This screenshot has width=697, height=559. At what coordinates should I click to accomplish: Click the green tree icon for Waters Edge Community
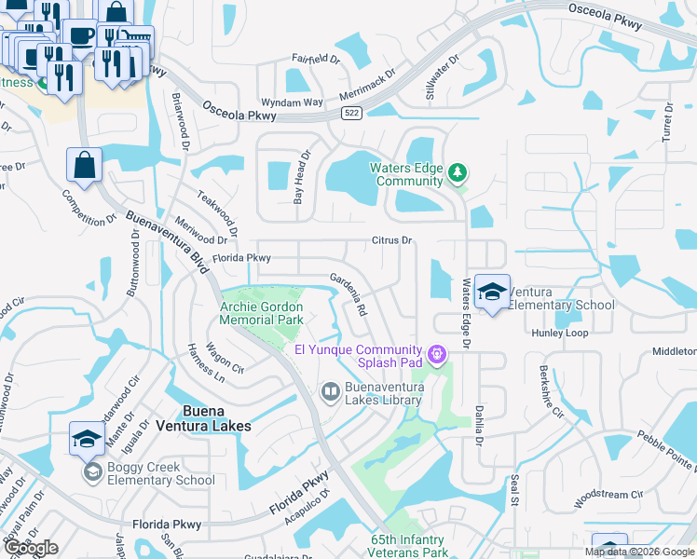458,172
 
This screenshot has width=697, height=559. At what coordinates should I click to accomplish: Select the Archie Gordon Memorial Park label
262,313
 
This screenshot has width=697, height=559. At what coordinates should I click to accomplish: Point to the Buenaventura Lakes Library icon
329,392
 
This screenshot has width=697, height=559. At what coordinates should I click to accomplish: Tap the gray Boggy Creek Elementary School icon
91,473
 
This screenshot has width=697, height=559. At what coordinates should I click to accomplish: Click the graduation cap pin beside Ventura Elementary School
491,293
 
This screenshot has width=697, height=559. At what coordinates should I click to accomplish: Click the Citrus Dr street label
392,240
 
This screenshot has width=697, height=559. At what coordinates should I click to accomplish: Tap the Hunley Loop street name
559,333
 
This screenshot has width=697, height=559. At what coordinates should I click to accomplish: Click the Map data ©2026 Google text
639,552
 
